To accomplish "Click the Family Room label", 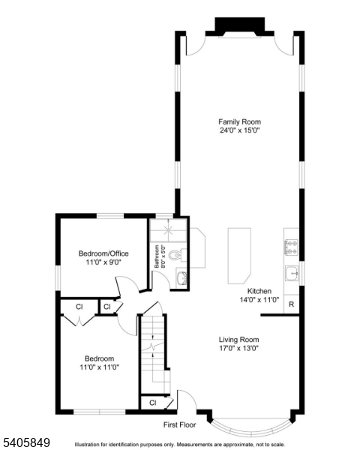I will point(239,121).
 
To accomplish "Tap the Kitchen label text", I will point(259,291).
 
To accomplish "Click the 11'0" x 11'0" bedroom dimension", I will point(99,367).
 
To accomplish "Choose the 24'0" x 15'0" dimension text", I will point(239,130).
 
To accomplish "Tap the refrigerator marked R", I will point(290,304).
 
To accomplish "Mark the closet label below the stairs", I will point(152,403).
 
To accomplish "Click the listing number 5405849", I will point(25,442).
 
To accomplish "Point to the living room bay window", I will point(250,428).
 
